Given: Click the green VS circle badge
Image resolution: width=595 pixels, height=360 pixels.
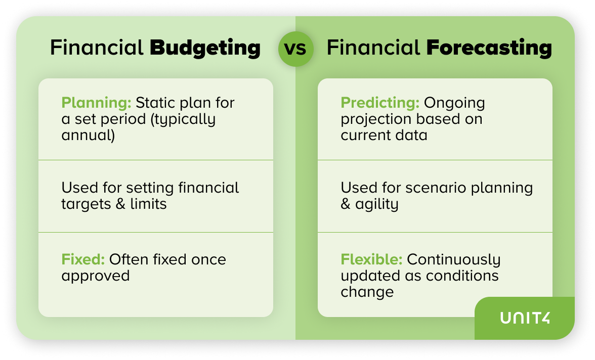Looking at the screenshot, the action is [x=295, y=49].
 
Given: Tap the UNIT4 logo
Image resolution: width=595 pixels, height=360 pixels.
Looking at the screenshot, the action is [x=525, y=318].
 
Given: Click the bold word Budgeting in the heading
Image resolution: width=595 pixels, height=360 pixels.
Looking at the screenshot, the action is [x=205, y=49].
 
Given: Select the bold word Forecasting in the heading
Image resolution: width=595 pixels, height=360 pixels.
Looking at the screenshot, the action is [x=489, y=48].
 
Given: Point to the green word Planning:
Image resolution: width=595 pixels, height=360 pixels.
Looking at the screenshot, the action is [x=96, y=103].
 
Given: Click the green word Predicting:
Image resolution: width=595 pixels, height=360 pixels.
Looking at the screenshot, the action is [x=380, y=103].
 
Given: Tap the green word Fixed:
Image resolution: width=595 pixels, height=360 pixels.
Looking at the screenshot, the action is [x=83, y=259].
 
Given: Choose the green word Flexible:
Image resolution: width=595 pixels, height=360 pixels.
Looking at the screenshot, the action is [x=371, y=259].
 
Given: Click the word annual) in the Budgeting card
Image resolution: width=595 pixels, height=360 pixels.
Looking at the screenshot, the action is [x=88, y=136].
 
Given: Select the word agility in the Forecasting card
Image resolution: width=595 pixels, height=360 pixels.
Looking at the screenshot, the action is [x=377, y=204].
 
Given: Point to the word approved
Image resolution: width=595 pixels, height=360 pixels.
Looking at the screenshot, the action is [x=96, y=276].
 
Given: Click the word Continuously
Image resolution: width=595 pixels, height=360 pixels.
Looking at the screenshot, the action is [x=454, y=260].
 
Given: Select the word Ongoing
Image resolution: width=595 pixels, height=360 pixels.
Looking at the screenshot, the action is [x=454, y=103].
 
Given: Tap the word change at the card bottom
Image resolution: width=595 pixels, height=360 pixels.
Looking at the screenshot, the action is [x=367, y=292].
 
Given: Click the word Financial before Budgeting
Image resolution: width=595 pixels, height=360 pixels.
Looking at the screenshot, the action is [x=97, y=48].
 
